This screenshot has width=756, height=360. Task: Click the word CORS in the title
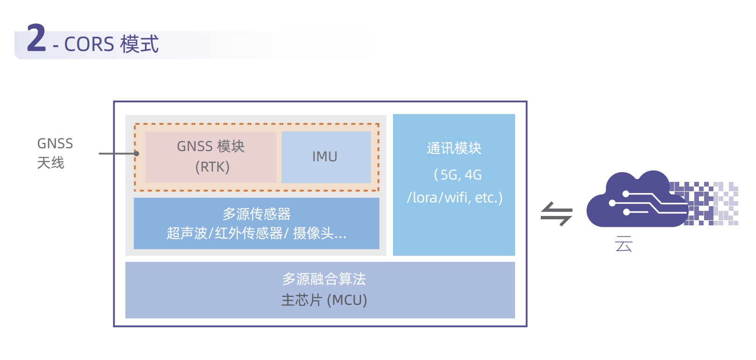tap(89, 44)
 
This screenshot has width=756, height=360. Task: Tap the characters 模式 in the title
tap(139, 44)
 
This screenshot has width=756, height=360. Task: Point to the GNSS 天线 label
tap(55, 153)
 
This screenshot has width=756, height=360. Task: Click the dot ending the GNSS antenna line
tap(137, 153)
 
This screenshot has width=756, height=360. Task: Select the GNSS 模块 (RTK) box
tap(211, 157)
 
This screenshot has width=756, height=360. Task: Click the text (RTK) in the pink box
tap(212, 167)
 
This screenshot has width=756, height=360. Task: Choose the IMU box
tap(326, 157)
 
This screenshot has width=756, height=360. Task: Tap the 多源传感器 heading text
tap(256, 214)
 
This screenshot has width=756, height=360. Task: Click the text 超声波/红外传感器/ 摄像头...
tap(256, 233)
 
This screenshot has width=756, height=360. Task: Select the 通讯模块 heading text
tap(454, 148)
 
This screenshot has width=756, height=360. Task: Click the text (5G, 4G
tap(458, 175)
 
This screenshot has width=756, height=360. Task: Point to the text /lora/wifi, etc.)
tap(454, 198)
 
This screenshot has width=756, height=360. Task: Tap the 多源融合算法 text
tap(324, 279)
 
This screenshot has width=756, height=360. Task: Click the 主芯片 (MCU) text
tap(324, 300)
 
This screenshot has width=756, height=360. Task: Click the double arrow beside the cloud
tap(556, 214)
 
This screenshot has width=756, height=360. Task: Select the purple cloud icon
tap(632, 201)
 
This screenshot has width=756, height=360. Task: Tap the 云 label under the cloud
tap(624, 245)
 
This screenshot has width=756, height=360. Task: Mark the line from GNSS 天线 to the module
tap(117, 153)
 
